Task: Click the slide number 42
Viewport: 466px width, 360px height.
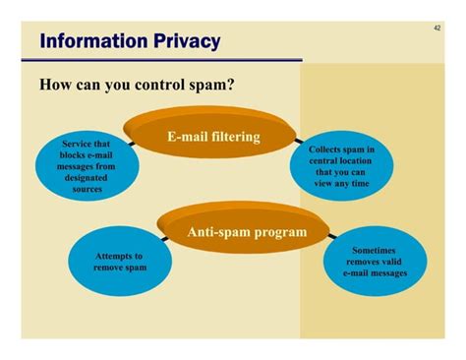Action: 437,29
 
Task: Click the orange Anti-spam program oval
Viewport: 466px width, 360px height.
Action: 246,233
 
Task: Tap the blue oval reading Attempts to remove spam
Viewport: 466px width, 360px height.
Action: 120,262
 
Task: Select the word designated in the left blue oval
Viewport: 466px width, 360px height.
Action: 87,178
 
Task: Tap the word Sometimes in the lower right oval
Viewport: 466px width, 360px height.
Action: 375,251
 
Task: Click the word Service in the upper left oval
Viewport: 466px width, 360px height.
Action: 78,144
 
